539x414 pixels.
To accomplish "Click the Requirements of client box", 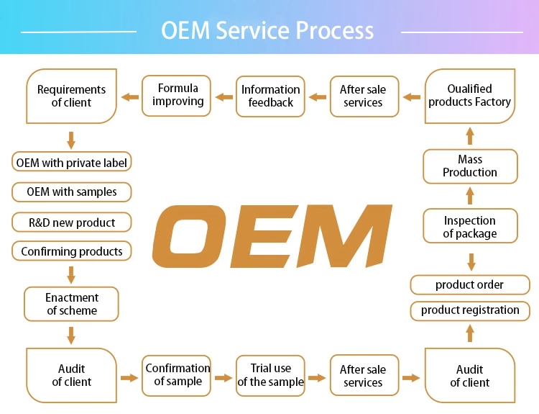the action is point(71,96).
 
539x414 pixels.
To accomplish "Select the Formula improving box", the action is point(176,96).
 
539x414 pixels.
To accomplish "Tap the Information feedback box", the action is point(270,96).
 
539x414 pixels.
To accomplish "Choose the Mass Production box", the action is point(470,166).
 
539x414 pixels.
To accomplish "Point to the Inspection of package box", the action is point(470,226).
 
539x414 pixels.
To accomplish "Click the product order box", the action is point(470,285).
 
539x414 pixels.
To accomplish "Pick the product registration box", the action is point(470,310).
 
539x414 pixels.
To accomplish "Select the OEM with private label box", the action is point(71,162).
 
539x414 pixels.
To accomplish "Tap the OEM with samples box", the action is point(71,192).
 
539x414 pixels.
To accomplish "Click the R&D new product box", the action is point(71,222).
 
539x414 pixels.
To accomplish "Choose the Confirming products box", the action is point(71,251).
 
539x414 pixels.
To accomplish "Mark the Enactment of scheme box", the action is point(71,304).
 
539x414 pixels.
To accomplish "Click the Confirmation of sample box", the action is point(176,376).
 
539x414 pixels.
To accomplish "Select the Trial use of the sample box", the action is point(270,376).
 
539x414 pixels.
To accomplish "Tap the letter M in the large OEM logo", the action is point(344,236).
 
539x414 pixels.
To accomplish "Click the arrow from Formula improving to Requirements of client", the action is point(130,96).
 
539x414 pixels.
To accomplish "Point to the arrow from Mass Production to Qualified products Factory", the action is point(470,136).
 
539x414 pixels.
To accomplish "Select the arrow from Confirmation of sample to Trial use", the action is point(224,378).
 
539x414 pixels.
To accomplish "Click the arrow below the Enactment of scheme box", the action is point(71,336).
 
